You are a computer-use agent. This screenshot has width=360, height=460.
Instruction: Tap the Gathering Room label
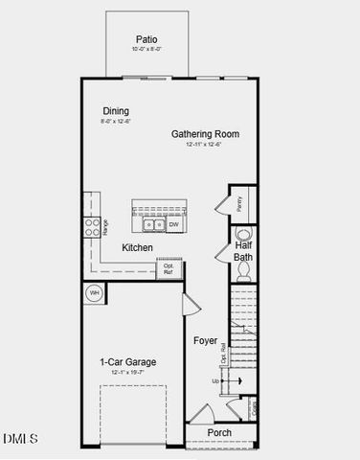(205, 133)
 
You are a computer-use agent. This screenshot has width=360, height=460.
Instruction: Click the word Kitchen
(138, 247)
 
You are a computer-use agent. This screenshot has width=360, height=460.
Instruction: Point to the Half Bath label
(243, 251)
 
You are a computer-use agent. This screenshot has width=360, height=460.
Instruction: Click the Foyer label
(206, 340)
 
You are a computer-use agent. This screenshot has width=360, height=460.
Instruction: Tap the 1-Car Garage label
(128, 361)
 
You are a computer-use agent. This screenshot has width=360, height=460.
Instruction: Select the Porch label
(220, 432)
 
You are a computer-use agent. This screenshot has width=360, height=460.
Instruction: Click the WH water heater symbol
(95, 293)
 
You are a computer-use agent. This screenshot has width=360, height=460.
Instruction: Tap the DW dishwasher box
(174, 224)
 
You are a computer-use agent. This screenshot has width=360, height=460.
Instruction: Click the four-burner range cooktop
(93, 226)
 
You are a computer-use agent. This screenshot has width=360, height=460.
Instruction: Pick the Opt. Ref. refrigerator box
(169, 268)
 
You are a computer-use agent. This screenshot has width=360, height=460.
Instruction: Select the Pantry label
(239, 203)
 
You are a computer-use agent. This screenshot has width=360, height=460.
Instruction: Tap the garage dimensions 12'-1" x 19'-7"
(128, 372)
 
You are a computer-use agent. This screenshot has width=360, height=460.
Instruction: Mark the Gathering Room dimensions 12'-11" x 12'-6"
(205, 144)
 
